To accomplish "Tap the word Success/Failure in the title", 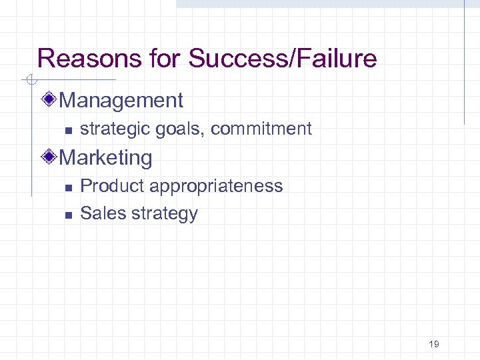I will point(283,59).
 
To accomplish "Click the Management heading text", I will point(121,101).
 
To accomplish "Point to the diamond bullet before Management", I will point(49,101).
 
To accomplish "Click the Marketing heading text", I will point(105,158).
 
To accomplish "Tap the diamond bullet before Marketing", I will point(49,158).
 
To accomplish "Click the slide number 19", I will point(434,344).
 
